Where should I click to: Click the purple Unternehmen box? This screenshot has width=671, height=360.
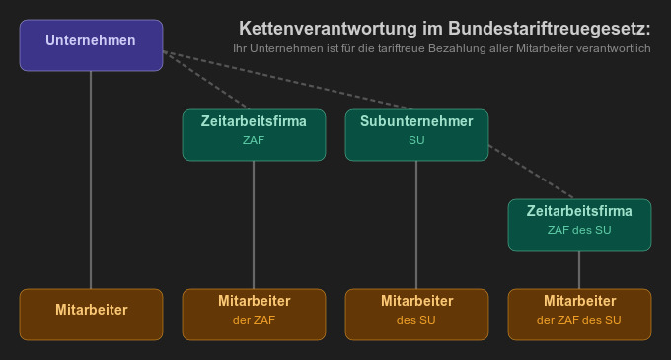click(91, 45)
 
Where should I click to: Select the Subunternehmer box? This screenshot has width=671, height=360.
click(415, 134)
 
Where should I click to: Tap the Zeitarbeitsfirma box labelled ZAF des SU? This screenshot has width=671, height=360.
click(579, 224)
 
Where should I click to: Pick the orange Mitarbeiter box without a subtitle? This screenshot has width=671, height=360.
click(91, 314)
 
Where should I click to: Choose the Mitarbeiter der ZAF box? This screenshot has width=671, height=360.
click(254, 314)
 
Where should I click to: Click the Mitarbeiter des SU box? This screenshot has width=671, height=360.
click(415, 314)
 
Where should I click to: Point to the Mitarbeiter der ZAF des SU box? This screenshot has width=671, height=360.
click(579, 314)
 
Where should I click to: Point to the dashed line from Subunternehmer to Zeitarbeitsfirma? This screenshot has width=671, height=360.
click(533, 173)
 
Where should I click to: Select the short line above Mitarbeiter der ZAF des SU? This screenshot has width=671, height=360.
click(579, 269)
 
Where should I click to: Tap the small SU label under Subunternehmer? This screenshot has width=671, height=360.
click(415, 141)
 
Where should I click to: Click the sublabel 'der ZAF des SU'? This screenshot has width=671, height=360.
click(579, 320)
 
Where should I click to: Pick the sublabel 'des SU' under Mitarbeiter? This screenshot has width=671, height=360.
click(415, 320)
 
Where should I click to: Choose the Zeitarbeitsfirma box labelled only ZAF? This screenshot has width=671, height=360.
click(254, 134)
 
